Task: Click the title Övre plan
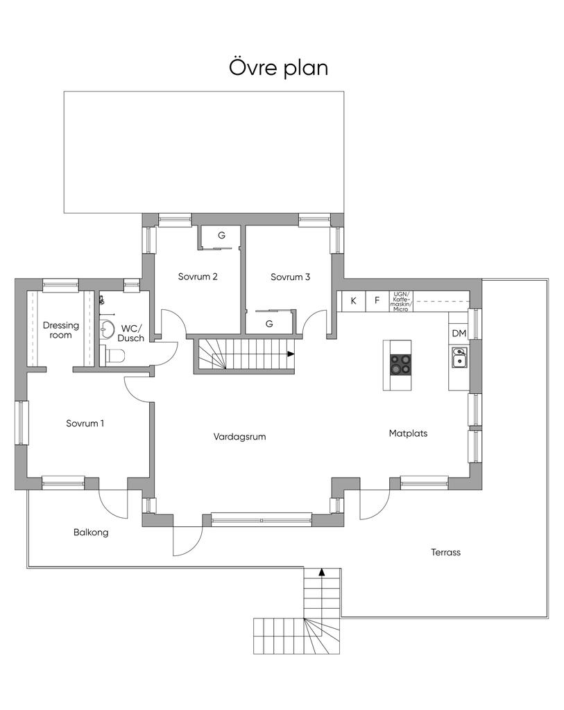[278, 68]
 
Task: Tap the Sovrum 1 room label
[85, 424]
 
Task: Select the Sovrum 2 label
[198, 277]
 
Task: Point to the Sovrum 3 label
[291, 277]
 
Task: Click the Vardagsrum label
[239, 437]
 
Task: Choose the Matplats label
[408, 433]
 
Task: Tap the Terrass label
[446, 553]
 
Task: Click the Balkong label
[91, 532]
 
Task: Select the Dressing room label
[61, 330]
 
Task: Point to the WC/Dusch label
[131, 333]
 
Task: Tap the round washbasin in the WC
[108, 329]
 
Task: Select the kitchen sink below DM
[459, 357]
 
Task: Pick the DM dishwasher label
[459, 334]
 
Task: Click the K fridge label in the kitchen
[354, 301]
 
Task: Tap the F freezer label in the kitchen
[377, 301]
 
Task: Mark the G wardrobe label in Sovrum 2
[221, 236]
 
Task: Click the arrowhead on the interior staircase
[291, 354]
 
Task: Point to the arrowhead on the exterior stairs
[322, 571]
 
